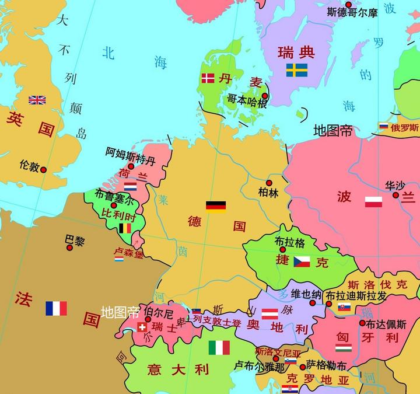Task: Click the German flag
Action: (216, 206)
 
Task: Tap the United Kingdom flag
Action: (37, 100)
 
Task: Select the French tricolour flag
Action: (56, 308)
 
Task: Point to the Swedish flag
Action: (297, 71)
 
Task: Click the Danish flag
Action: (208, 78)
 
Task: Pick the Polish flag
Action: (373, 202)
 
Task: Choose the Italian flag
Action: (219, 348)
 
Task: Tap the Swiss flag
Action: (142, 327)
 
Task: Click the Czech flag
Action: (302, 261)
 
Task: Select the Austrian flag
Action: (269, 313)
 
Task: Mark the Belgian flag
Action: (125, 228)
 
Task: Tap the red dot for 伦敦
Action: (43, 170)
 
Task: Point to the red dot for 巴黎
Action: (69, 247)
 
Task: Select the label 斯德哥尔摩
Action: (352, 12)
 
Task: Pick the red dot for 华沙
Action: (395, 195)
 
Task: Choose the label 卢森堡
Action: (128, 254)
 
